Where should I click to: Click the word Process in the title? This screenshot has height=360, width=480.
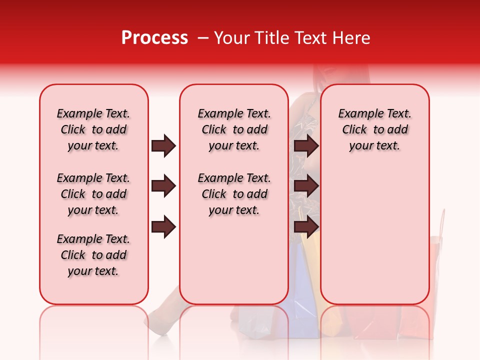[x=154, y=38]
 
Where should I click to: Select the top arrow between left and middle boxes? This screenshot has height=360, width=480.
[x=163, y=146]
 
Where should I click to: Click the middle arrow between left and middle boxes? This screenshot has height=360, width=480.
[x=163, y=186]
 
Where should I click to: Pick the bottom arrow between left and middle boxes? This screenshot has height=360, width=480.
[x=163, y=226]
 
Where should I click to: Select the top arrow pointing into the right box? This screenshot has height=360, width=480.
[x=306, y=146]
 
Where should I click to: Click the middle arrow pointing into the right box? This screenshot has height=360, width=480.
[x=306, y=186]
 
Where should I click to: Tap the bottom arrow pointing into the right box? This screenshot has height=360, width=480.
[x=306, y=226]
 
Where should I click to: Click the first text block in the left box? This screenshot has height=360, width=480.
[x=93, y=129]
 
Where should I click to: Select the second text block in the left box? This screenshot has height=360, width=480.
[x=93, y=194]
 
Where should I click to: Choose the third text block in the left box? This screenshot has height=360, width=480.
[x=93, y=255]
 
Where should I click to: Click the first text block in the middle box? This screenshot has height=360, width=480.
[x=234, y=129]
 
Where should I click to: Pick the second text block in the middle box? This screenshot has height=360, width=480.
[x=234, y=194]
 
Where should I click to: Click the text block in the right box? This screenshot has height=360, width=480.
[x=374, y=129]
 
